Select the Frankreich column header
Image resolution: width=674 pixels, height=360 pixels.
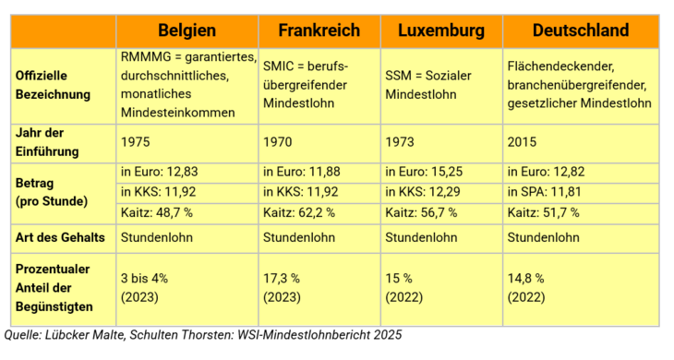(x=319, y=30)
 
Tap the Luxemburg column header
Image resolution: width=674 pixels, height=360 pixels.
(x=440, y=30)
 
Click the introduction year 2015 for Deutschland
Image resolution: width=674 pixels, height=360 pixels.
(x=524, y=142)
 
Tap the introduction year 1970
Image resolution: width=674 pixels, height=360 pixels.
(x=278, y=142)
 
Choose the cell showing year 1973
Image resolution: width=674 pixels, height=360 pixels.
(x=399, y=142)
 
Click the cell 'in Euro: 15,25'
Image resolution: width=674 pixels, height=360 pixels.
(x=421, y=172)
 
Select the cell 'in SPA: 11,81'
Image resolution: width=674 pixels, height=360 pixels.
(x=546, y=192)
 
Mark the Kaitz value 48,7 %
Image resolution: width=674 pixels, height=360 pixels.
(x=160, y=212)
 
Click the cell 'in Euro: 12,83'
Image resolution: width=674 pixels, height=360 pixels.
(x=160, y=172)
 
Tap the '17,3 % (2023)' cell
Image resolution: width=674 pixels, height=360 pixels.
(x=286, y=286)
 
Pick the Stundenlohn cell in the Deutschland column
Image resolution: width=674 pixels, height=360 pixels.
(x=546, y=237)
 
